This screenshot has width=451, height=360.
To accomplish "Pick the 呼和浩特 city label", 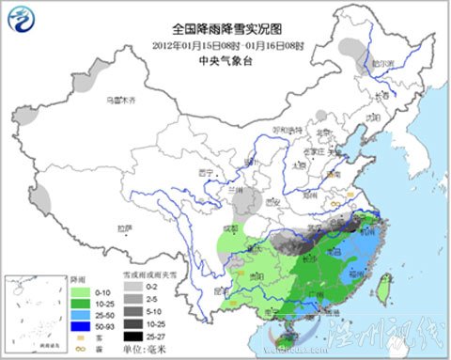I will pos(288,130).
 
